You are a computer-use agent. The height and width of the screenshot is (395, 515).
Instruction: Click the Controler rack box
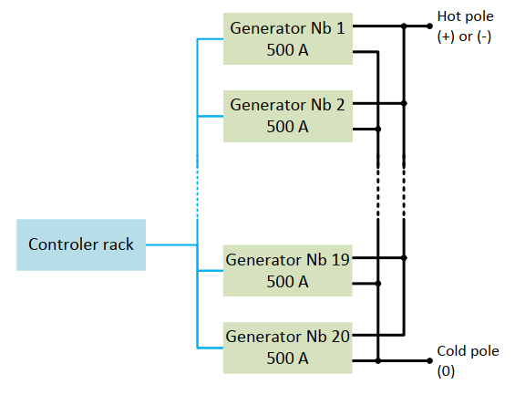81,244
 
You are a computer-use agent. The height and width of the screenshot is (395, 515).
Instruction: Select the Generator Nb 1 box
288,39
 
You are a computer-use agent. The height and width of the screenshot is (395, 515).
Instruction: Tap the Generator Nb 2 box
288,116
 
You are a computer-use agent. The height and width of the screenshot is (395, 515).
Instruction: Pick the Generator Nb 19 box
288,270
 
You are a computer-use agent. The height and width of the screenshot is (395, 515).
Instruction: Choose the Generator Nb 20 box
288,348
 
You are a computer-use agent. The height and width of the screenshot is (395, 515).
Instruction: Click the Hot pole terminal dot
429,26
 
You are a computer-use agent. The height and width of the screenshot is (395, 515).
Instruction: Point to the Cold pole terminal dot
429,361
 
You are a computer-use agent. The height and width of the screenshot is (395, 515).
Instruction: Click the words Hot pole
466,16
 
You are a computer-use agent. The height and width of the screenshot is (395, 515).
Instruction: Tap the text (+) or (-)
465,36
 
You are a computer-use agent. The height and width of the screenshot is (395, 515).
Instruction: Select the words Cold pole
468,351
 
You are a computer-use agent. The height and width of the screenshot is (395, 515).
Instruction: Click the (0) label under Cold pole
446,371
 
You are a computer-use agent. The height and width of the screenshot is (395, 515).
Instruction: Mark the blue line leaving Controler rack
171,244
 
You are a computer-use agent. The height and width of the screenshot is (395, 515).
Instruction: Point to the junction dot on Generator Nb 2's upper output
404,103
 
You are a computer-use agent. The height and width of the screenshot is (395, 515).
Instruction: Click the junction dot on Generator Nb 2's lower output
378,130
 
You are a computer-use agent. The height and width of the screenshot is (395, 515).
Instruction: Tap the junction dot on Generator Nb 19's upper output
404,258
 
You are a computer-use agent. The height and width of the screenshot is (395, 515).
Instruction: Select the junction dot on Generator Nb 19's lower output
378,284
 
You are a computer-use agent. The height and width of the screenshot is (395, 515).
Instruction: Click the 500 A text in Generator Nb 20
287,359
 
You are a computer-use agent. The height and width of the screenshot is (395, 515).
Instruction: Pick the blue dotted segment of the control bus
198,187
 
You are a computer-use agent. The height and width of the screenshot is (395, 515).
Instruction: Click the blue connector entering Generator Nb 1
211,39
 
